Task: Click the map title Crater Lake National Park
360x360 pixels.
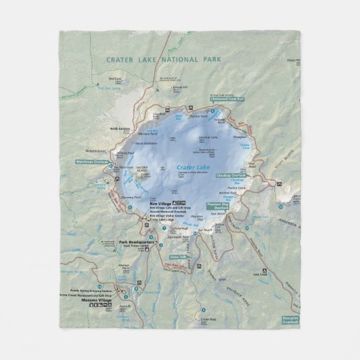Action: click(164, 60)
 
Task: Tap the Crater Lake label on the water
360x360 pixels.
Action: click(195, 167)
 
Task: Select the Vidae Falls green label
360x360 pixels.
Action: click(178, 257)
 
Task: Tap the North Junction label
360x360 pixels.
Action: click(119, 128)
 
